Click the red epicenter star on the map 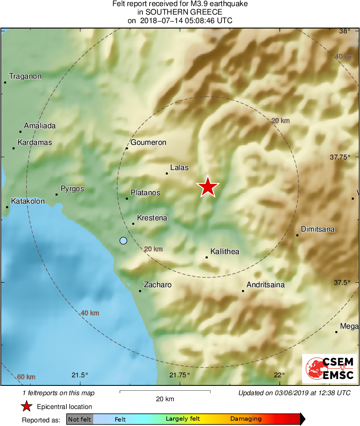(208, 187)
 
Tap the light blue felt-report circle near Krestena (123, 241)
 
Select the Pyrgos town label (72, 189)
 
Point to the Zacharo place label (158, 285)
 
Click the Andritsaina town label (266, 285)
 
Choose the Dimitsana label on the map (317, 229)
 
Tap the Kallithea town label (225, 252)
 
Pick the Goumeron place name (148, 142)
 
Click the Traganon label (25, 76)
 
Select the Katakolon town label (28, 201)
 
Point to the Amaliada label (40, 126)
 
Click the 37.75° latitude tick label (340, 157)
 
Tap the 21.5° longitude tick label (80, 374)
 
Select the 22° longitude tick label (279, 374)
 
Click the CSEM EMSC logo (329, 368)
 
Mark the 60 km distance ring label (26, 377)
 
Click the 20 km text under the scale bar (165, 399)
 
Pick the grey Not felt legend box (79, 419)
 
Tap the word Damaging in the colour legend (246, 419)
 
